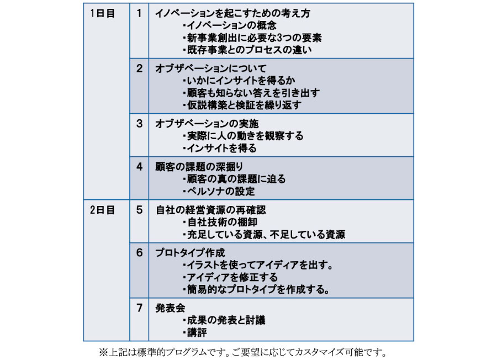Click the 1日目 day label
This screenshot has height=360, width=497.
click(x=102, y=13)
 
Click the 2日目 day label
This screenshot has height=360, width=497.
click(x=102, y=210)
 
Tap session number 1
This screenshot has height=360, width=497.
click(x=139, y=13)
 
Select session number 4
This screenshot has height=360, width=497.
click(x=139, y=167)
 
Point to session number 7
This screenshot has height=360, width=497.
click(x=139, y=308)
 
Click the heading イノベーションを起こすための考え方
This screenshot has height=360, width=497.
click(x=232, y=13)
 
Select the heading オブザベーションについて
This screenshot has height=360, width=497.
click(x=211, y=68)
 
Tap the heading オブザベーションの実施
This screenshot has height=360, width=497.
click(x=207, y=124)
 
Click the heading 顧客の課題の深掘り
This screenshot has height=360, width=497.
click(x=199, y=167)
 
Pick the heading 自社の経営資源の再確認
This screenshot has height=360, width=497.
click(x=211, y=210)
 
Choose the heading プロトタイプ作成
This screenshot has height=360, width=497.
click(x=190, y=252)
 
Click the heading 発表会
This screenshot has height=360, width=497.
click(x=170, y=308)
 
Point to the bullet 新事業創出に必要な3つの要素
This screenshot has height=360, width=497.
click(x=252, y=38)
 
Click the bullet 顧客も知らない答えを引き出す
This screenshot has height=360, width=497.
click(x=251, y=93)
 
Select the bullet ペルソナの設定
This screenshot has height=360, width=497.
click(x=219, y=192)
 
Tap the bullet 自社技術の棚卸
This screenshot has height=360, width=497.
click(x=220, y=222)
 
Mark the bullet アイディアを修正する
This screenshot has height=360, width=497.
click(x=230, y=277)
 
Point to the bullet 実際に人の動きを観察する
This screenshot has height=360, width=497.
click(x=243, y=136)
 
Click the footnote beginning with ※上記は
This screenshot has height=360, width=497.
click(x=243, y=352)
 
